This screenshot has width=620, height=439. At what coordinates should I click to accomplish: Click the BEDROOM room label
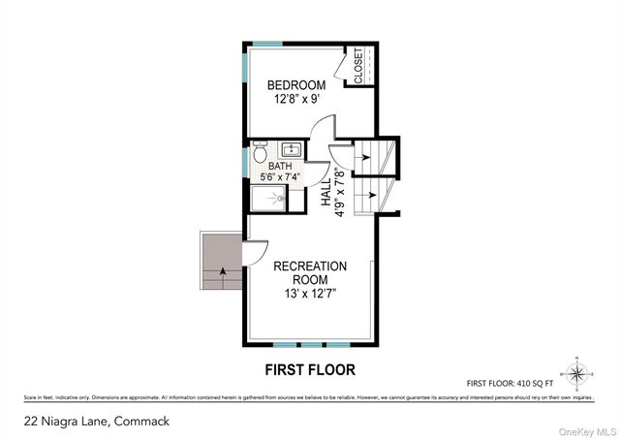(296, 85)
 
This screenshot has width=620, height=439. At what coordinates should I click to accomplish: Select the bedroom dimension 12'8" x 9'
(296, 98)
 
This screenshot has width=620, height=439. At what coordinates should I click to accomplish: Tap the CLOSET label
(358, 66)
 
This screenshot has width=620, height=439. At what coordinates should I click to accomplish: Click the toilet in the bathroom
(260, 153)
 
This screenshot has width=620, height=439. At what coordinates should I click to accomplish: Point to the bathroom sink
(290, 150)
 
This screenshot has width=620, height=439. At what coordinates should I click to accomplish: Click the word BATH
(279, 166)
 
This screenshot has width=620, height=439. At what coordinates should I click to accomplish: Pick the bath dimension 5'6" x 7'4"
(280, 177)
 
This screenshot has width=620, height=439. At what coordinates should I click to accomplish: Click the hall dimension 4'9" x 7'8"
(340, 190)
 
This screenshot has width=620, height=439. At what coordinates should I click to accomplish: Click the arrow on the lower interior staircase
(366, 195)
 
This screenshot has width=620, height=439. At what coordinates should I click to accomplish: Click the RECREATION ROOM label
(310, 273)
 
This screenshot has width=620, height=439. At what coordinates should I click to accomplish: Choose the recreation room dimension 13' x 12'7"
(310, 294)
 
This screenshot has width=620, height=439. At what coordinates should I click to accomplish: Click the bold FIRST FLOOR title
(310, 369)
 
